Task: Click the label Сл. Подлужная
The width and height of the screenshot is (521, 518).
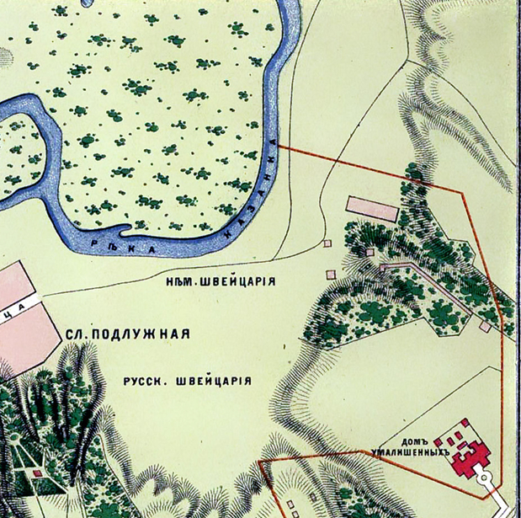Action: pos(127,334)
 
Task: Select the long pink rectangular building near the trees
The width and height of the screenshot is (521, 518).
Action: pos(371,207)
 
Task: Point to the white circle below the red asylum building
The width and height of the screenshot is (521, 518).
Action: pos(483,478)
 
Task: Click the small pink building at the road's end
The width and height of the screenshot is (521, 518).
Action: pos(327,243)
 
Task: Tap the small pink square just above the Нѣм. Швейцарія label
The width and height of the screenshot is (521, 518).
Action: pos(331,274)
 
